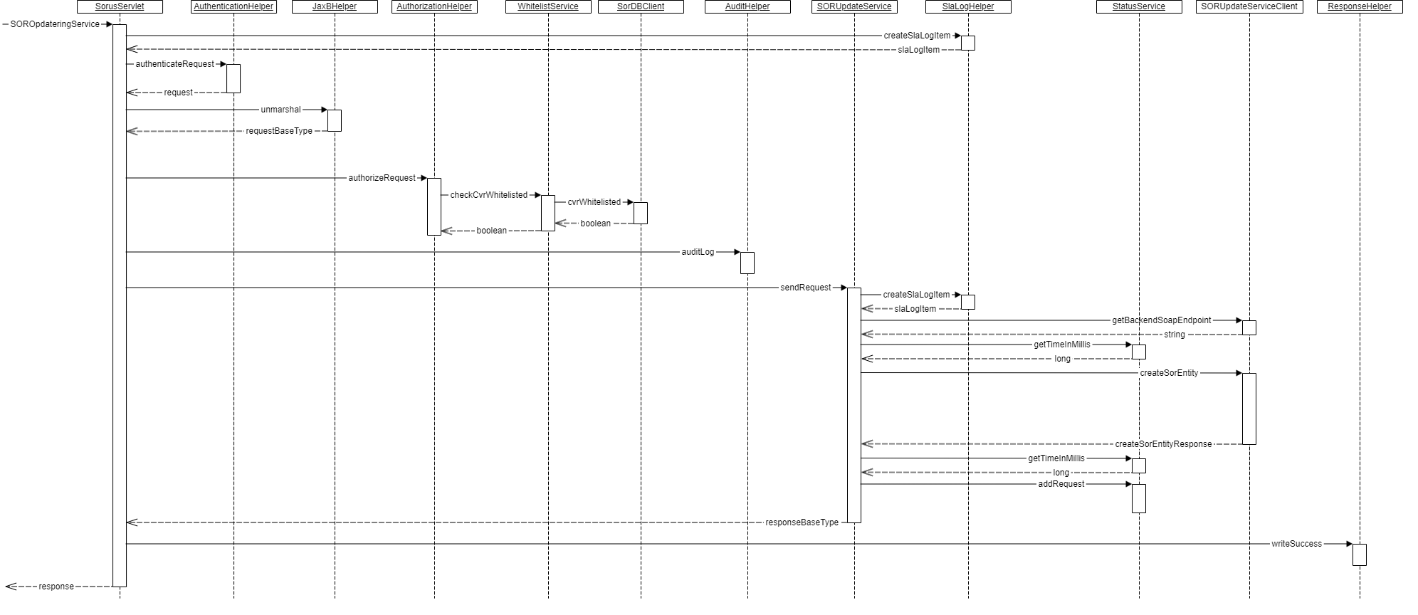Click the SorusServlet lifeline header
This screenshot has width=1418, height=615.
pos(120,6)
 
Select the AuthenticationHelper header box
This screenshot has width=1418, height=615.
pos(233,6)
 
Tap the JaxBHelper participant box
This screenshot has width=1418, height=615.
pos(335,6)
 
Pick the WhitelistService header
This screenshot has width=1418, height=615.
pos(548,6)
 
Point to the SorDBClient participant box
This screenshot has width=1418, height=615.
pos(641,6)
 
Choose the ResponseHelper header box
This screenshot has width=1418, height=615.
pos(1360,6)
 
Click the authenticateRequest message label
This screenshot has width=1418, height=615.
pos(174,64)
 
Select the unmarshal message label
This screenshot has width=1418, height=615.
pos(280,110)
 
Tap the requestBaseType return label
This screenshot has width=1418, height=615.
pos(279,131)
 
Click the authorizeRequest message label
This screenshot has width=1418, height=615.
pos(382,178)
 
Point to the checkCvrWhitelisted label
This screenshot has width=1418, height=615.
pos(489,195)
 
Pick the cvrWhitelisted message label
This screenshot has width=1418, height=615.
pos(594,202)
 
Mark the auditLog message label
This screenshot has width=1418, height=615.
pos(698,252)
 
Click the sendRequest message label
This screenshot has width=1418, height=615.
pos(806,288)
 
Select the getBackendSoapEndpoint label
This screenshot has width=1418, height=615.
pos(1162,320)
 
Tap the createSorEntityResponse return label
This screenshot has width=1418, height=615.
pos(1163,444)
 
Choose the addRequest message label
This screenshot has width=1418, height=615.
pos(1061,484)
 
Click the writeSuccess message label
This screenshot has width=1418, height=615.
pos(1296,544)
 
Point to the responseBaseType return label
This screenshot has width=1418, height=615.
pos(802,522)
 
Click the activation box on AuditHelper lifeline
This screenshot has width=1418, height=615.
pos(747,263)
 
